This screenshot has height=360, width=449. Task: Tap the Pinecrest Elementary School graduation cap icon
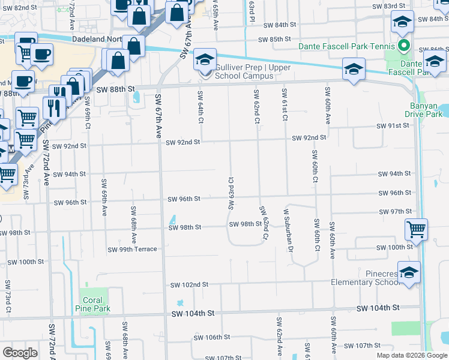409,274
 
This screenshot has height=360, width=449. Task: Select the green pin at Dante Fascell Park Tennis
404,46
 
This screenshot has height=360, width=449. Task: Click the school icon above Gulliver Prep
205,60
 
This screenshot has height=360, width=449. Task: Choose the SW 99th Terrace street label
132,249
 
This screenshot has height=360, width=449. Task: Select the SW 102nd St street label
189,284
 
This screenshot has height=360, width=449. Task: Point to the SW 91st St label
393,126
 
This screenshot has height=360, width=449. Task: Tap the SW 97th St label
394,212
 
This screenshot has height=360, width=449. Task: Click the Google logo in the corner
20,353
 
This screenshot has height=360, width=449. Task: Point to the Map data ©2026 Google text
411,355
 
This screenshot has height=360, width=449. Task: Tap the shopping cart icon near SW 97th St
416,230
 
